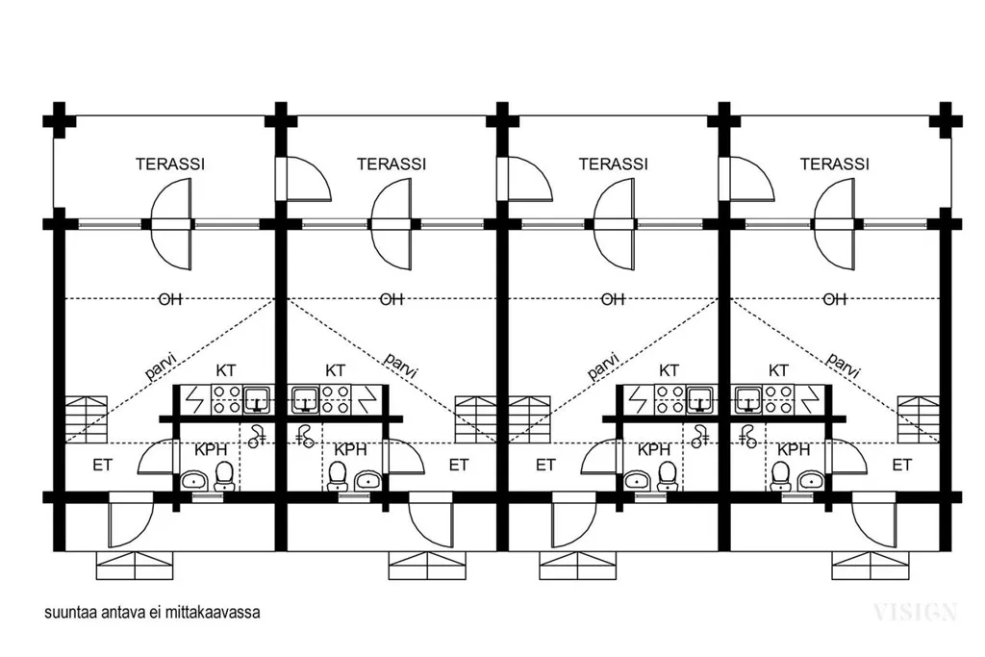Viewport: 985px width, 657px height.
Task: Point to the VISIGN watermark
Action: point(916,612)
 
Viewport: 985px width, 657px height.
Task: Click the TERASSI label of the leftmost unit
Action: point(170,164)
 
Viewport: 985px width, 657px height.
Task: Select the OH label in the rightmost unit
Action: point(835,299)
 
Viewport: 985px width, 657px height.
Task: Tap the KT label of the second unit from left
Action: point(336,370)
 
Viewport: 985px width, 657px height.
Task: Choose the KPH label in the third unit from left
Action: point(653,450)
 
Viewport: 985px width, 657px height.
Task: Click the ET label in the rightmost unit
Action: point(901,466)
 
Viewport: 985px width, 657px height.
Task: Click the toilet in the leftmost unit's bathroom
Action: point(224,476)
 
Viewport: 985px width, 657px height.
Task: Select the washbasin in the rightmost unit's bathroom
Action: point(809,481)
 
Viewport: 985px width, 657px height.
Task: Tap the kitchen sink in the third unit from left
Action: point(700,398)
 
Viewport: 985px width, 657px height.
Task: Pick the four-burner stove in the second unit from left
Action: point(336,399)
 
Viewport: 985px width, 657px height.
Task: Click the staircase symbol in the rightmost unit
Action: point(918,419)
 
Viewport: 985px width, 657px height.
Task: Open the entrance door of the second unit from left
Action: point(431,519)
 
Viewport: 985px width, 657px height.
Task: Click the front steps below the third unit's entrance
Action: point(577,566)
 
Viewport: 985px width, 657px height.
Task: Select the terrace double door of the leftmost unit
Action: point(171,224)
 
